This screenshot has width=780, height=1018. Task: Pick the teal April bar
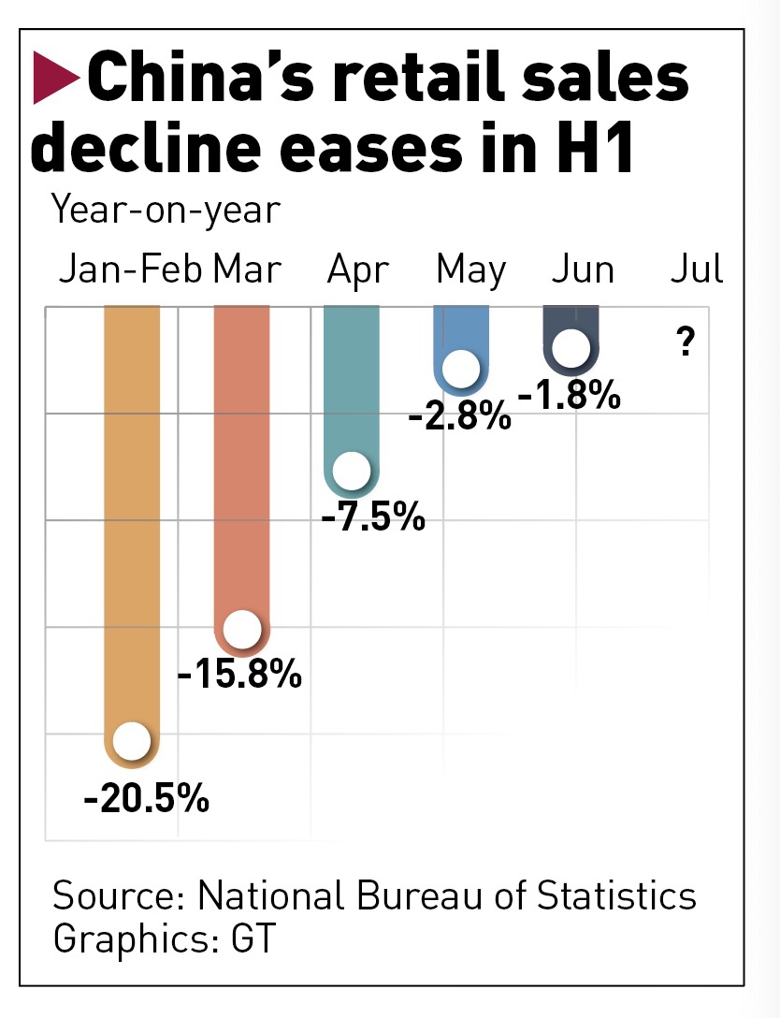click(351, 393)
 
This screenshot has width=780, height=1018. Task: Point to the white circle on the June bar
click(571, 349)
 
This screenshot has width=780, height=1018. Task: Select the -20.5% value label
click(146, 799)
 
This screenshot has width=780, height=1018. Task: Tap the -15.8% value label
click(239, 673)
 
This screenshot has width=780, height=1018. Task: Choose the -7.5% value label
click(373, 516)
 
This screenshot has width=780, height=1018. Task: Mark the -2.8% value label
click(460, 414)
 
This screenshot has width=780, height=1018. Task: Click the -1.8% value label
click(569, 396)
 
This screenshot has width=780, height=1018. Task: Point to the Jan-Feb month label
click(130, 269)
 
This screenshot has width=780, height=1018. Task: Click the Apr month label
click(357, 269)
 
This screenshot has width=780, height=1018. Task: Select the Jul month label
click(697, 269)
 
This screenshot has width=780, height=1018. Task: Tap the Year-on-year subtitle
click(166, 209)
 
